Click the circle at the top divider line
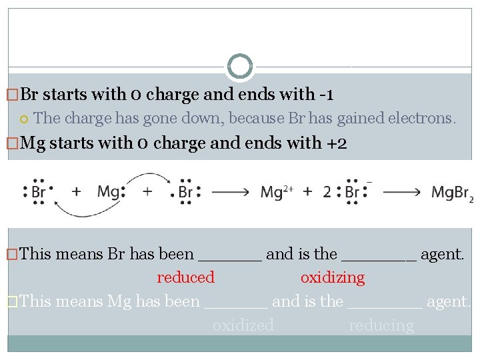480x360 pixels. point(240,67)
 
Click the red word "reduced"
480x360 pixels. point(185,277)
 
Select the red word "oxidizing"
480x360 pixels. point(332,277)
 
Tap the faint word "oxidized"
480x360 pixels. point(243,325)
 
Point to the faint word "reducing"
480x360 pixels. point(381,325)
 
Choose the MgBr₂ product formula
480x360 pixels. point(452,193)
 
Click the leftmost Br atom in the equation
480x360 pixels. point(39,192)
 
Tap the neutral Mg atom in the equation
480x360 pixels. point(109,192)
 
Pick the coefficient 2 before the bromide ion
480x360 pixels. point(327,193)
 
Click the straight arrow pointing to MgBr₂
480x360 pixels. point(402,193)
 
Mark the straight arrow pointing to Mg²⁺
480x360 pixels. point(231,193)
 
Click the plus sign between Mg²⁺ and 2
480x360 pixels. point(307,193)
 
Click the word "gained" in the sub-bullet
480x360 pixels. point(364,119)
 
